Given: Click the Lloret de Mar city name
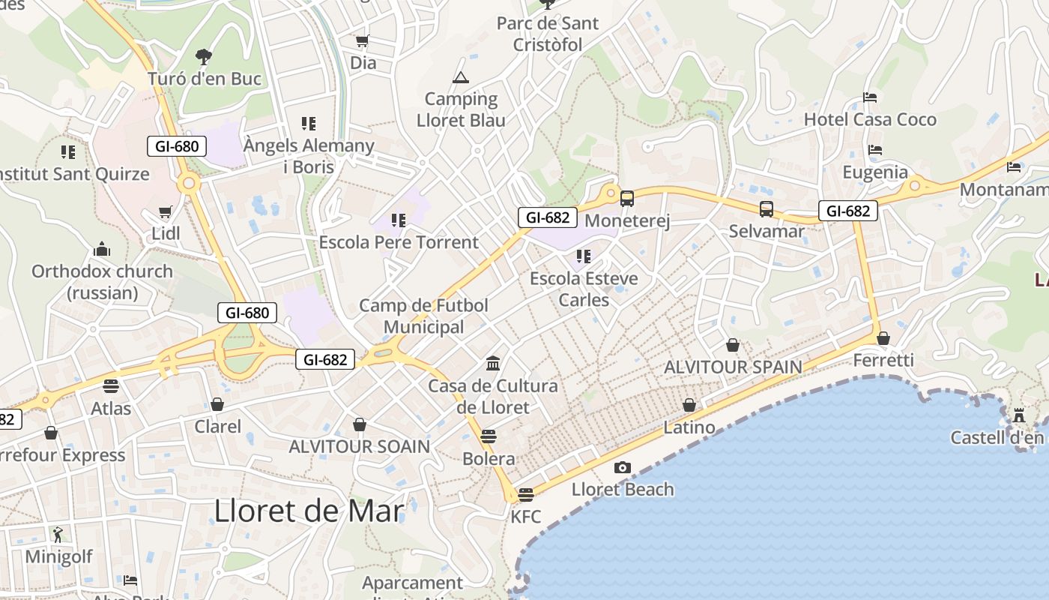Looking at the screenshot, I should point(309,511).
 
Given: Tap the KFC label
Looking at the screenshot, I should point(526,517).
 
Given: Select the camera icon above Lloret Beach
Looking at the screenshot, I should point(622,468).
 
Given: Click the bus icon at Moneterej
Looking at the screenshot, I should point(627,199).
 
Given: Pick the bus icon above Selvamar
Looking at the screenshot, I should point(766,209).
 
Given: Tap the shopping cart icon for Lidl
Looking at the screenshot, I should point(165,212).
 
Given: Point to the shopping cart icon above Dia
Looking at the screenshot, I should point(363,41).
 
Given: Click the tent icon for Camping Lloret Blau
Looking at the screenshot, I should point(460,77).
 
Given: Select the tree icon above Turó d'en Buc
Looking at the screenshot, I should point(203,56).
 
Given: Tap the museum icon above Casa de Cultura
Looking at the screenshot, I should point(493,364).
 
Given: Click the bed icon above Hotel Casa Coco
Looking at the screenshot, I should point(870,97).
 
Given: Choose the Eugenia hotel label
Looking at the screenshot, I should point(875,172).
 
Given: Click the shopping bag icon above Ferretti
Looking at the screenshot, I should point(883,339).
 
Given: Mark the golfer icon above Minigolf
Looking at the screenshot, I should point(58,535).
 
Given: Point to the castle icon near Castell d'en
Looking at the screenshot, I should point(1019,415).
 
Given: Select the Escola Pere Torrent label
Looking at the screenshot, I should point(399,242).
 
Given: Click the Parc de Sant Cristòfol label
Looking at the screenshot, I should point(548,34).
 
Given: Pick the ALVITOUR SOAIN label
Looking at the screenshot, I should point(360,446).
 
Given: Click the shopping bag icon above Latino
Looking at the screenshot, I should point(689,406).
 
